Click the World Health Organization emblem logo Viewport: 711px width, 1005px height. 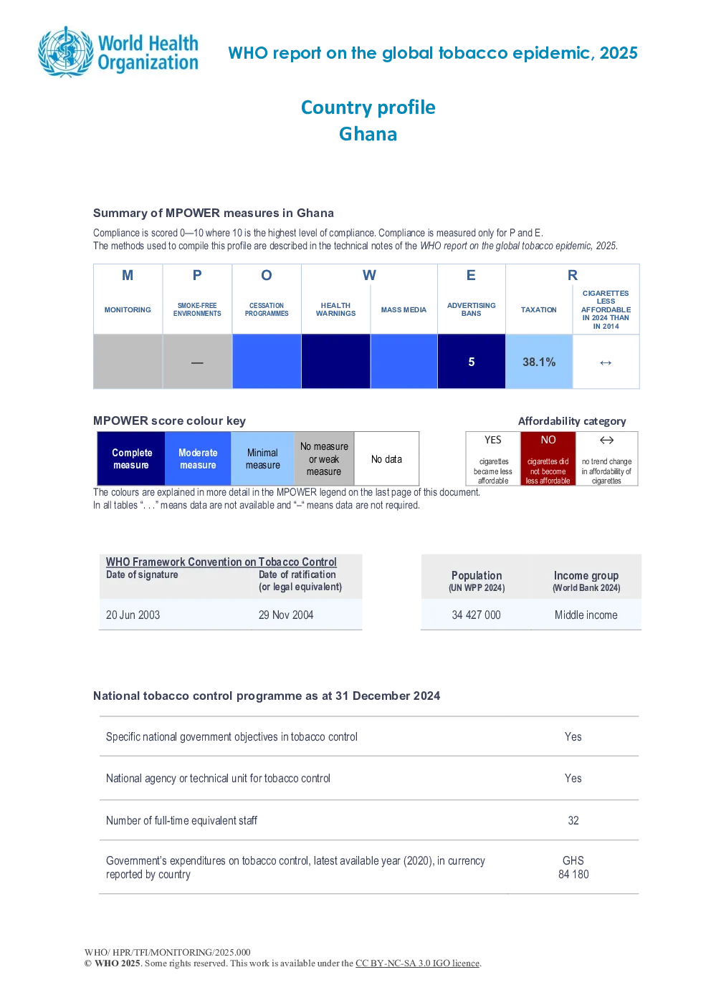tap(66, 52)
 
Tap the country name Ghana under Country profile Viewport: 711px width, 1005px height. tap(368, 134)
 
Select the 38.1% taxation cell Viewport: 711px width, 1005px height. tap(539, 362)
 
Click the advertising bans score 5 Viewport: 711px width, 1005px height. tap(472, 362)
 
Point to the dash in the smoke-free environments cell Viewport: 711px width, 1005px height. tap(197, 362)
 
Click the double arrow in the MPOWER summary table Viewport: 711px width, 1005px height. tap(606, 362)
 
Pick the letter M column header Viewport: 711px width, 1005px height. tap(128, 275)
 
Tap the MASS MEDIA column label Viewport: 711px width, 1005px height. tap(404, 309)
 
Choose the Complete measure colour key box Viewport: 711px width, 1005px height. tap(131, 458)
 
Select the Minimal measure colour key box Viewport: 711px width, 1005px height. tap(262, 458)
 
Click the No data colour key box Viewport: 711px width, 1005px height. tap(386, 458)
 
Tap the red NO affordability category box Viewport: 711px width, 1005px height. tap(548, 458)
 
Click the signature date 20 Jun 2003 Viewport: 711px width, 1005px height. tap(133, 615)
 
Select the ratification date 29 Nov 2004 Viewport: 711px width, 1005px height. tap(286, 615)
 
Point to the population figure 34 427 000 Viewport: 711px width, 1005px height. tap(476, 615)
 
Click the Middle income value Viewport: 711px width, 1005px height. tap(586, 615)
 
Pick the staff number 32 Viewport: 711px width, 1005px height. tap(573, 820)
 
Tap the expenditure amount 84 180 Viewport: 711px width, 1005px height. tap(573, 874)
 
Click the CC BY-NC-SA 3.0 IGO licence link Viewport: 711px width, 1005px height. tap(417, 963)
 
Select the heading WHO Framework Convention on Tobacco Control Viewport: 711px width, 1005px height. tap(221, 562)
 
